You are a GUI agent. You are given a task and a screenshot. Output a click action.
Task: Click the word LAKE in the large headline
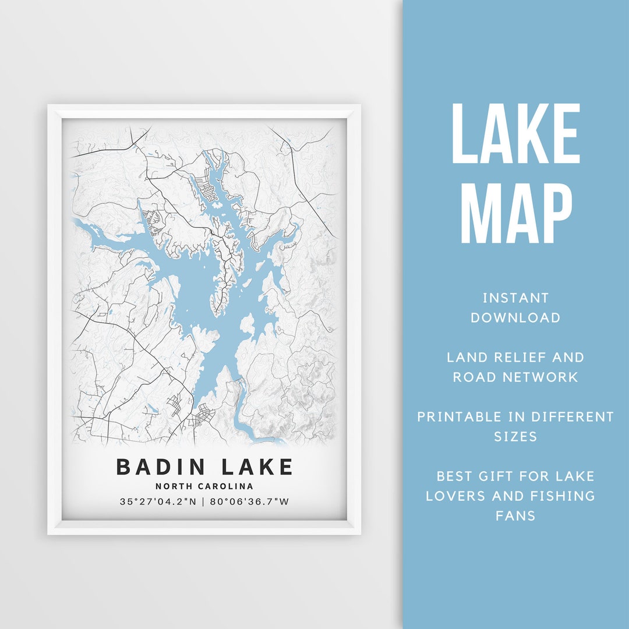click(x=515, y=135)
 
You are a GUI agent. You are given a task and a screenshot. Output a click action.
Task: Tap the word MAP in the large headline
click(x=515, y=214)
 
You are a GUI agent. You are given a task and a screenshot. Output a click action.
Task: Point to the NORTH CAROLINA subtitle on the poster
click(x=204, y=486)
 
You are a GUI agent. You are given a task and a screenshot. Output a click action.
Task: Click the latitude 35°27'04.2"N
click(x=158, y=501)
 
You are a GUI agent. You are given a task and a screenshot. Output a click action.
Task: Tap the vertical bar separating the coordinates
click(x=203, y=501)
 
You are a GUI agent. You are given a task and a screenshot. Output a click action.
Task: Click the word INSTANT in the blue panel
click(x=515, y=298)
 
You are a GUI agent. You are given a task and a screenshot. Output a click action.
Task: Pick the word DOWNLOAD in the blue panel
click(x=515, y=318)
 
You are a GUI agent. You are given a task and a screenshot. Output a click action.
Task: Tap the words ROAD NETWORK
click(x=515, y=377)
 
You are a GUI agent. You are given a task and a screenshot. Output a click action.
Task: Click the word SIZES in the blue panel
click(x=515, y=437)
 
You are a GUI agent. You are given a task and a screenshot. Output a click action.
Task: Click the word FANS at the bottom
click(x=515, y=516)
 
